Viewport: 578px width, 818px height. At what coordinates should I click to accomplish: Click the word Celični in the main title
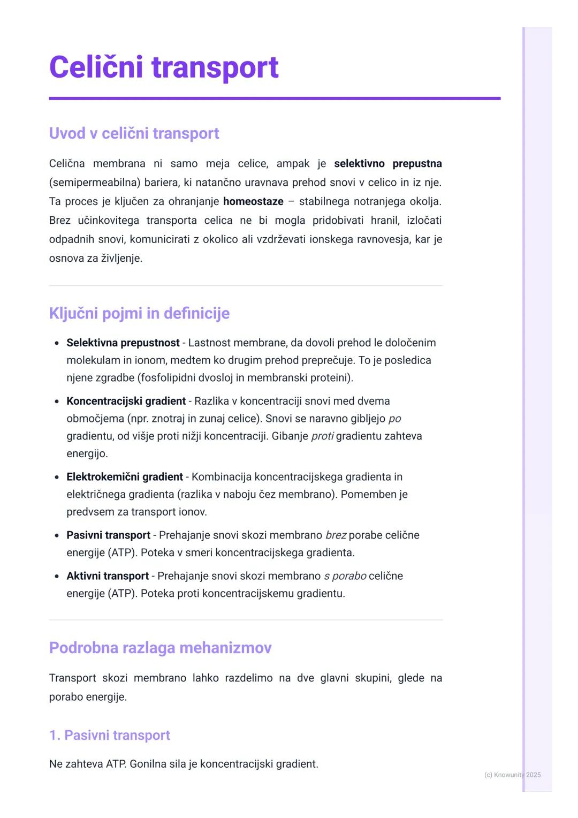click(96, 67)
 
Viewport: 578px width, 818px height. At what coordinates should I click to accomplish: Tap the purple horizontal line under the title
click(275, 99)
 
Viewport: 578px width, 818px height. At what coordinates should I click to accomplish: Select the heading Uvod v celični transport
click(134, 133)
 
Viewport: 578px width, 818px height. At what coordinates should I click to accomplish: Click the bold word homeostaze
click(253, 202)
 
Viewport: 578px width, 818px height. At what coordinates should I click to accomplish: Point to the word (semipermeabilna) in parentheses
click(95, 183)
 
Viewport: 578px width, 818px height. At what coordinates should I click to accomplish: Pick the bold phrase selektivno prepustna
click(387, 164)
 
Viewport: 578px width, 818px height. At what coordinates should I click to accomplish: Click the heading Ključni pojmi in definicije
click(139, 313)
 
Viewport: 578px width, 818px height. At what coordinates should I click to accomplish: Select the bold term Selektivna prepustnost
click(123, 343)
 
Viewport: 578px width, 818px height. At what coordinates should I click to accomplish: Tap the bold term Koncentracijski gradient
click(126, 401)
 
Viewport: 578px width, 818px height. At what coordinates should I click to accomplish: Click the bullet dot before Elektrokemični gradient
click(57, 477)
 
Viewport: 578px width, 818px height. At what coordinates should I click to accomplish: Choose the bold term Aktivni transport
click(107, 576)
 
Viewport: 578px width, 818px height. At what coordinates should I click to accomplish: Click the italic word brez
click(336, 535)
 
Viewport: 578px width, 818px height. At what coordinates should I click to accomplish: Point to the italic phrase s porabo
click(345, 576)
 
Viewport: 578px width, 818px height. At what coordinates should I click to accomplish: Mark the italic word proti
click(322, 436)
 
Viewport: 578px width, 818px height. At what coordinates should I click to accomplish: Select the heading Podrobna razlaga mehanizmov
click(160, 648)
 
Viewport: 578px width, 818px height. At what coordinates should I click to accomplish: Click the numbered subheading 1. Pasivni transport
click(109, 736)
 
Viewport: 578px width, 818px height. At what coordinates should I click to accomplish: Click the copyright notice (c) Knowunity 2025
click(512, 775)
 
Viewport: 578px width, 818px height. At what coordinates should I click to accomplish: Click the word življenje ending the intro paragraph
click(121, 259)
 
